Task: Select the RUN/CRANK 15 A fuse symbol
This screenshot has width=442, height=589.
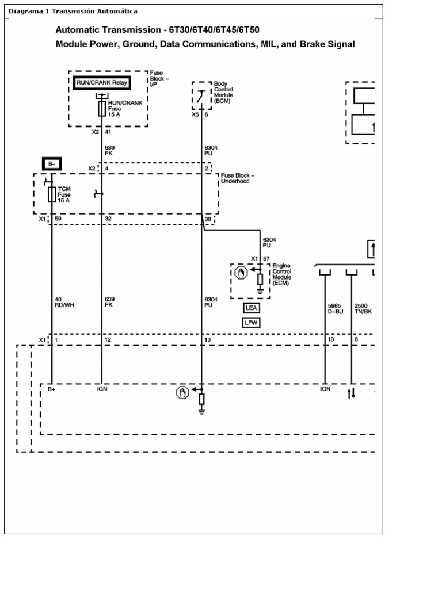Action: [x=102, y=108]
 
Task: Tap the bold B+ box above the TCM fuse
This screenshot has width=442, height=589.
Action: [x=52, y=164]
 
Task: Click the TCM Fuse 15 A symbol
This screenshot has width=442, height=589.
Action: [x=52, y=194]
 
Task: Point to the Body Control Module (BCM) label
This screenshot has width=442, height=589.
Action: [x=223, y=92]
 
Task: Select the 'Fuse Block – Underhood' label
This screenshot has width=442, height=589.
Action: [x=237, y=178]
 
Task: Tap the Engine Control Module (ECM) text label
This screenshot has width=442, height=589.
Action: [x=281, y=274]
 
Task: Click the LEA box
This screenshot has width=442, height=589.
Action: [x=252, y=308]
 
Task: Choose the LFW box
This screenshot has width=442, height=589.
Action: [x=252, y=323]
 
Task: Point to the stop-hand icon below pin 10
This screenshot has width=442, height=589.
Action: [x=182, y=393]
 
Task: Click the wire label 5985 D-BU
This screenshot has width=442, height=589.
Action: [x=335, y=309]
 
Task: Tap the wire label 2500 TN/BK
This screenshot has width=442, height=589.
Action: [x=364, y=309]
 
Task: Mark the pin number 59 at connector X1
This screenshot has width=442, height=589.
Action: [x=58, y=219]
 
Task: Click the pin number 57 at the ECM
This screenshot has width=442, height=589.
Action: [x=266, y=259]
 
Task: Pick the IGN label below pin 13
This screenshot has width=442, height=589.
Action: [x=325, y=389]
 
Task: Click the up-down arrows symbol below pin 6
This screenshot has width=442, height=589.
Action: [x=352, y=393]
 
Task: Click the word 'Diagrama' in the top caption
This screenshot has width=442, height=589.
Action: [x=22, y=12]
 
